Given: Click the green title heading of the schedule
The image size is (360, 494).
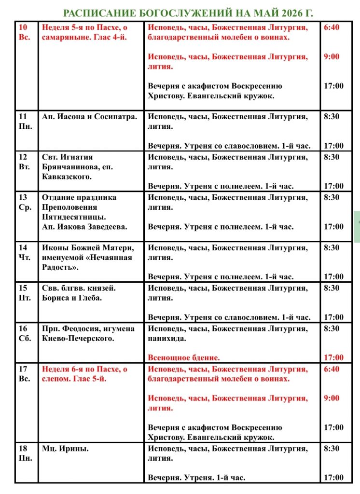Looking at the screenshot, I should click(x=192, y=13).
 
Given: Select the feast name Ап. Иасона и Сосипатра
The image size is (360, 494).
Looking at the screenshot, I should click(x=89, y=116).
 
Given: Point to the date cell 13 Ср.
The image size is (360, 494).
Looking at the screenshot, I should click(x=25, y=202).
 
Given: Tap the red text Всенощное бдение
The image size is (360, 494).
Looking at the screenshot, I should click(x=184, y=357).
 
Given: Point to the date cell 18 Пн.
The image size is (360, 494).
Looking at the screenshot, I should click(x=25, y=453).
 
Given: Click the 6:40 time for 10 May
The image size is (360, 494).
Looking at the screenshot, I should click(x=332, y=27).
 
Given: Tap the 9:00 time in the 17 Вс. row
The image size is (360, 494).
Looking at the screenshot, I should click(x=332, y=398).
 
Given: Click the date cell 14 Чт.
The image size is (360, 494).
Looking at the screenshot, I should click(x=25, y=252).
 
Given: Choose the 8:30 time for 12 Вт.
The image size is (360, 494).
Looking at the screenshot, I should click(x=332, y=157).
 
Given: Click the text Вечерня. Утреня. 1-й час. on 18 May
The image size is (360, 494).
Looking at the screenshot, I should click(x=196, y=477).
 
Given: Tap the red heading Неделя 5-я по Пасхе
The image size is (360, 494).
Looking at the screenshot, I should click(x=84, y=32).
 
